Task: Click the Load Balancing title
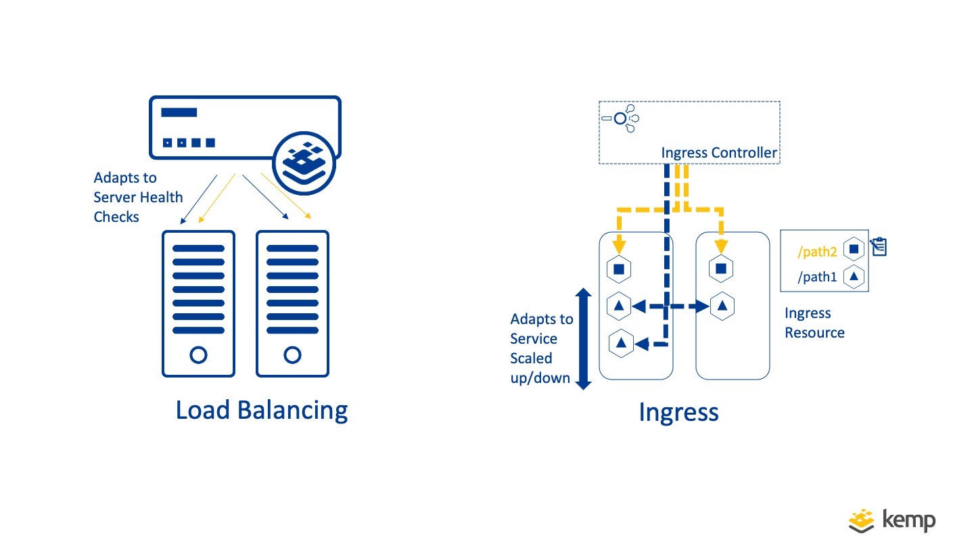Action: (x=262, y=411)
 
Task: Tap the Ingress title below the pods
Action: (x=678, y=412)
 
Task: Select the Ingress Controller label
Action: (x=719, y=153)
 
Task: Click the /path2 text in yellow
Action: (x=818, y=252)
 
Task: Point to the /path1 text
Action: (x=818, y=277)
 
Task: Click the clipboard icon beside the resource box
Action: (x=879, y=246)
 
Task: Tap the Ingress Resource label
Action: (x=814, y=323)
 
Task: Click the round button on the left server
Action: (x=198, y=355)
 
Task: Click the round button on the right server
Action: (x=292, y=355)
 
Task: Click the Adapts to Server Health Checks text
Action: (x=138, y=198)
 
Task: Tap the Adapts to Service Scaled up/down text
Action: (x=541, y=348)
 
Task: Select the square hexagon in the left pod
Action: (x=619, y=269)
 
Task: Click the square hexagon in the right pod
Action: (x=721, y=269)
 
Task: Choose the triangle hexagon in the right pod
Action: (x=722, y=306)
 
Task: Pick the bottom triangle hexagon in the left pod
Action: (x=621, y=344)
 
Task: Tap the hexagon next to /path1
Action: (x=854, y=277)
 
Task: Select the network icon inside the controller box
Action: (x=621, y=118)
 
